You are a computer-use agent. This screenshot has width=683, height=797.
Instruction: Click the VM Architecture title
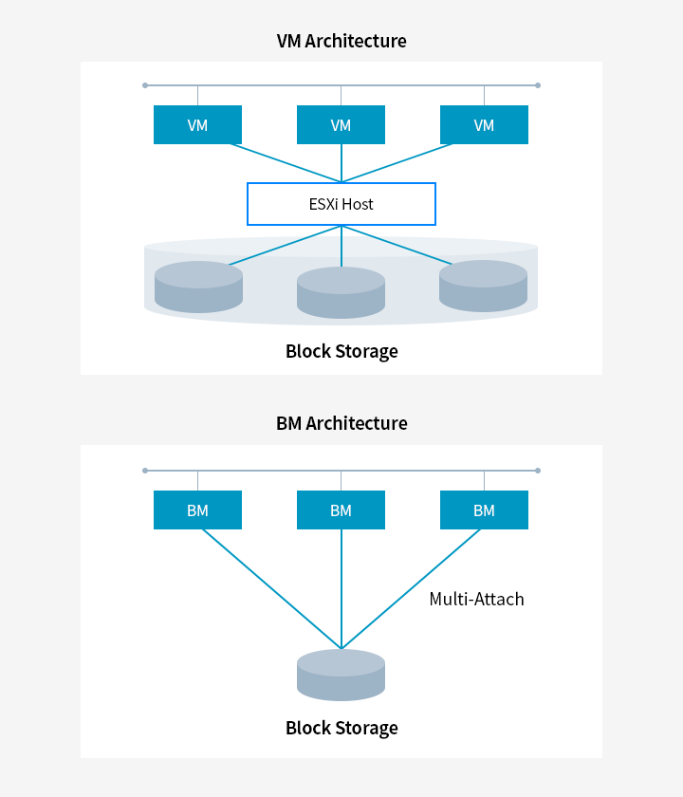(341, 41)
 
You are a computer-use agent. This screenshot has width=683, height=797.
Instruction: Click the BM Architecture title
(341, 423)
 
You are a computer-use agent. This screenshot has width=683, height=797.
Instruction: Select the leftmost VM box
(197, 125)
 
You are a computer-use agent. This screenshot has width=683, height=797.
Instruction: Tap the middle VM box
(341, 125)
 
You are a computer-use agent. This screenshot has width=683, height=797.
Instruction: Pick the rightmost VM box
(484, 125)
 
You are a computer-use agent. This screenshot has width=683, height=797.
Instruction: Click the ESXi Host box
(341, 204)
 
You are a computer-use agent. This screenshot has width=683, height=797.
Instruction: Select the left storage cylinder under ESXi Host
(198, 287)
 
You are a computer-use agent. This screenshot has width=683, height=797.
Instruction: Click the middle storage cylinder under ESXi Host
(341, 293)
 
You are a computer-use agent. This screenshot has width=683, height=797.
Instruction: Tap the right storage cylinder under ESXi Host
(484, 287)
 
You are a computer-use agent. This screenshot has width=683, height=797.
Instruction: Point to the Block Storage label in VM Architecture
(341, 352)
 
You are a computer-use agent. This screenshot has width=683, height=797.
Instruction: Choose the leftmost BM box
(197, 510)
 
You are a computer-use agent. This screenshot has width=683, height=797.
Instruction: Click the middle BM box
(341, 510)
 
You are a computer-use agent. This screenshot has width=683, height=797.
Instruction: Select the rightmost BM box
(484, 510)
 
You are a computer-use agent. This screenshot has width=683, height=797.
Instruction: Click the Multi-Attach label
(476, 599)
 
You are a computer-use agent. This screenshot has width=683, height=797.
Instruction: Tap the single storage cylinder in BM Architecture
(341, 675)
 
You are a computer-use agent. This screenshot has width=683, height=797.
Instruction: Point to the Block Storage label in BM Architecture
(341, 729)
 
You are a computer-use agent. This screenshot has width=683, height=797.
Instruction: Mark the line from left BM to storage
(270, 588)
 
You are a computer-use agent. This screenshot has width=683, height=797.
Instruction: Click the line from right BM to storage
(412, 588)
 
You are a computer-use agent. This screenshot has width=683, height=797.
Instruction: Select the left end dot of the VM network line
(145, 85)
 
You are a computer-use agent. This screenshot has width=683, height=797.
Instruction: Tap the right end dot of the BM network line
(538, 471)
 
